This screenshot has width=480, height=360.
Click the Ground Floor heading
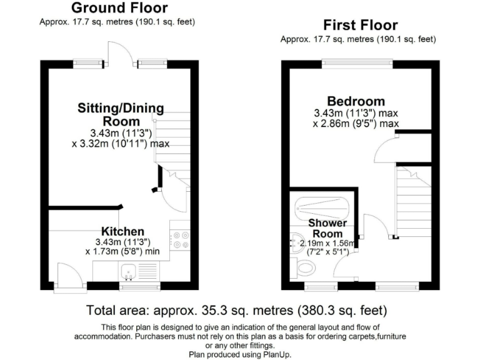119,8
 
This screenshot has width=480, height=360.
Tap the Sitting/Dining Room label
121,114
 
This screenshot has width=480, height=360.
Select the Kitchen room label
123,231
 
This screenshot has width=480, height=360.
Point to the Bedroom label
356,101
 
